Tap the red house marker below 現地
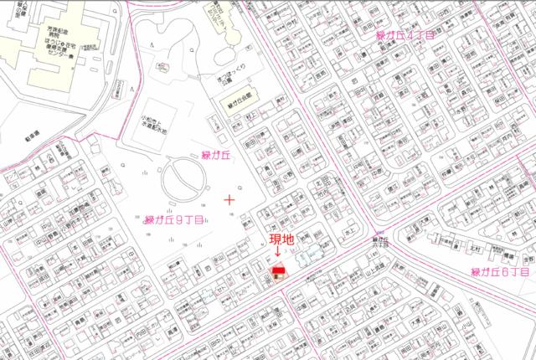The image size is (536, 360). pyautogui.click(x=277, y=270)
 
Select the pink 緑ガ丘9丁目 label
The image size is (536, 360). pyautogui.click(x=174, y=221)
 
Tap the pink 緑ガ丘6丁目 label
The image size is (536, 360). pyautogui.click(x=500, y=273)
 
